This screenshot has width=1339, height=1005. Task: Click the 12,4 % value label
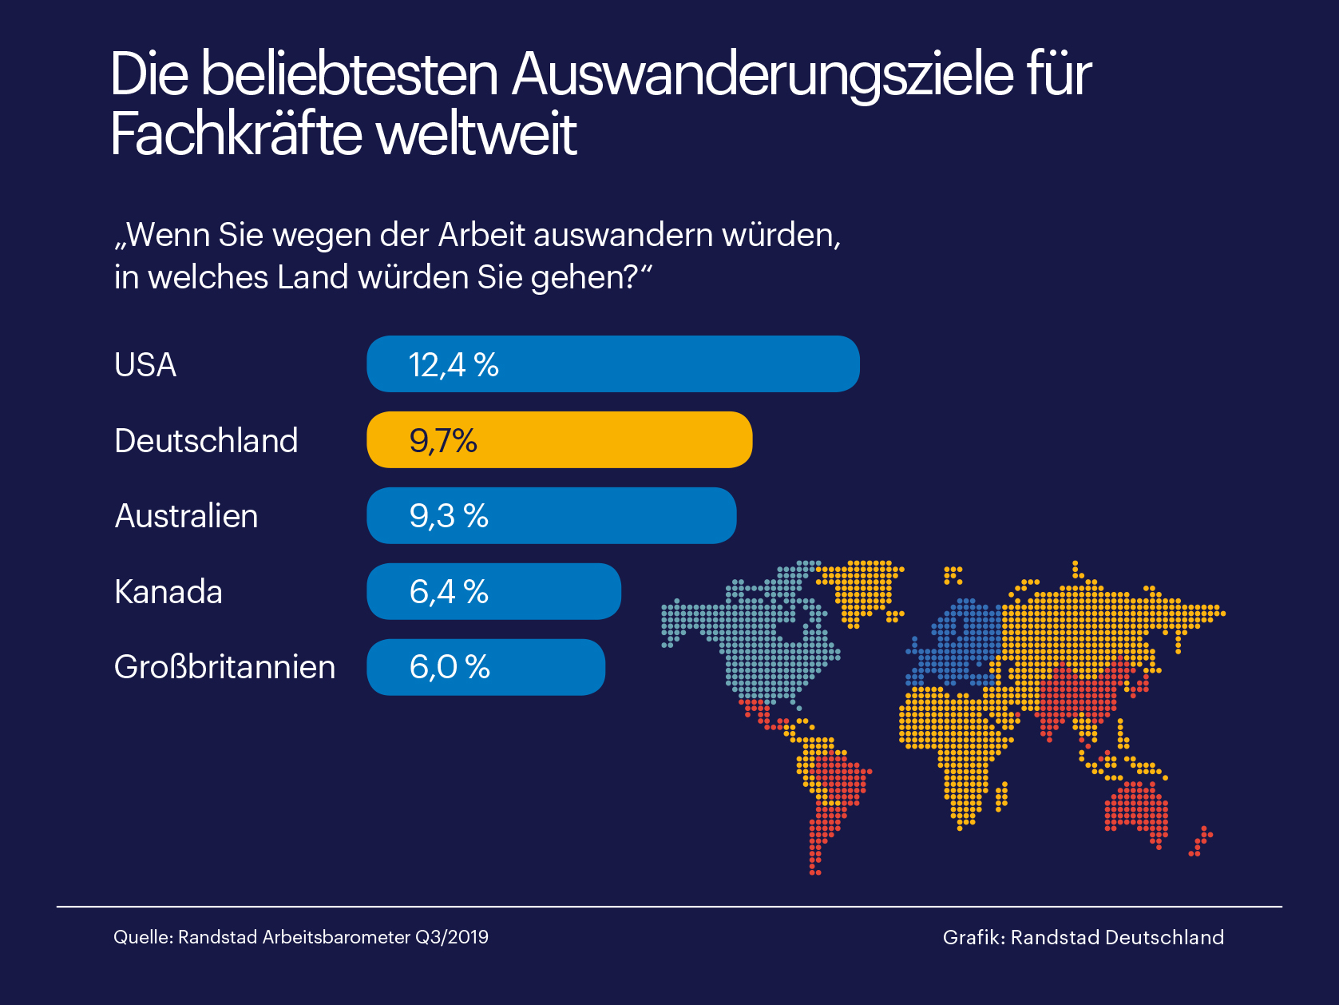(x=454, y=365)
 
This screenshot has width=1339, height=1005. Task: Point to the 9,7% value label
(x=443, y=441)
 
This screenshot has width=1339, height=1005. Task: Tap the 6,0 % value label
(x=450, y=668)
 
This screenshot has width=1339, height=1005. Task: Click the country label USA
(x=145, y=365)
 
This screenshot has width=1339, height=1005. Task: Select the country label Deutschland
(x=206, y=441)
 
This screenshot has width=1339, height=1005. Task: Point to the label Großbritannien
(x=224, y=668)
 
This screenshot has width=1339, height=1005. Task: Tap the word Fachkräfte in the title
(x=236, y=134)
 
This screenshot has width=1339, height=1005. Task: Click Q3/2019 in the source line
(x=452, y=937)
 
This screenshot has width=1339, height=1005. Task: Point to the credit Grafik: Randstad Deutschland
(x=1083, y=937)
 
